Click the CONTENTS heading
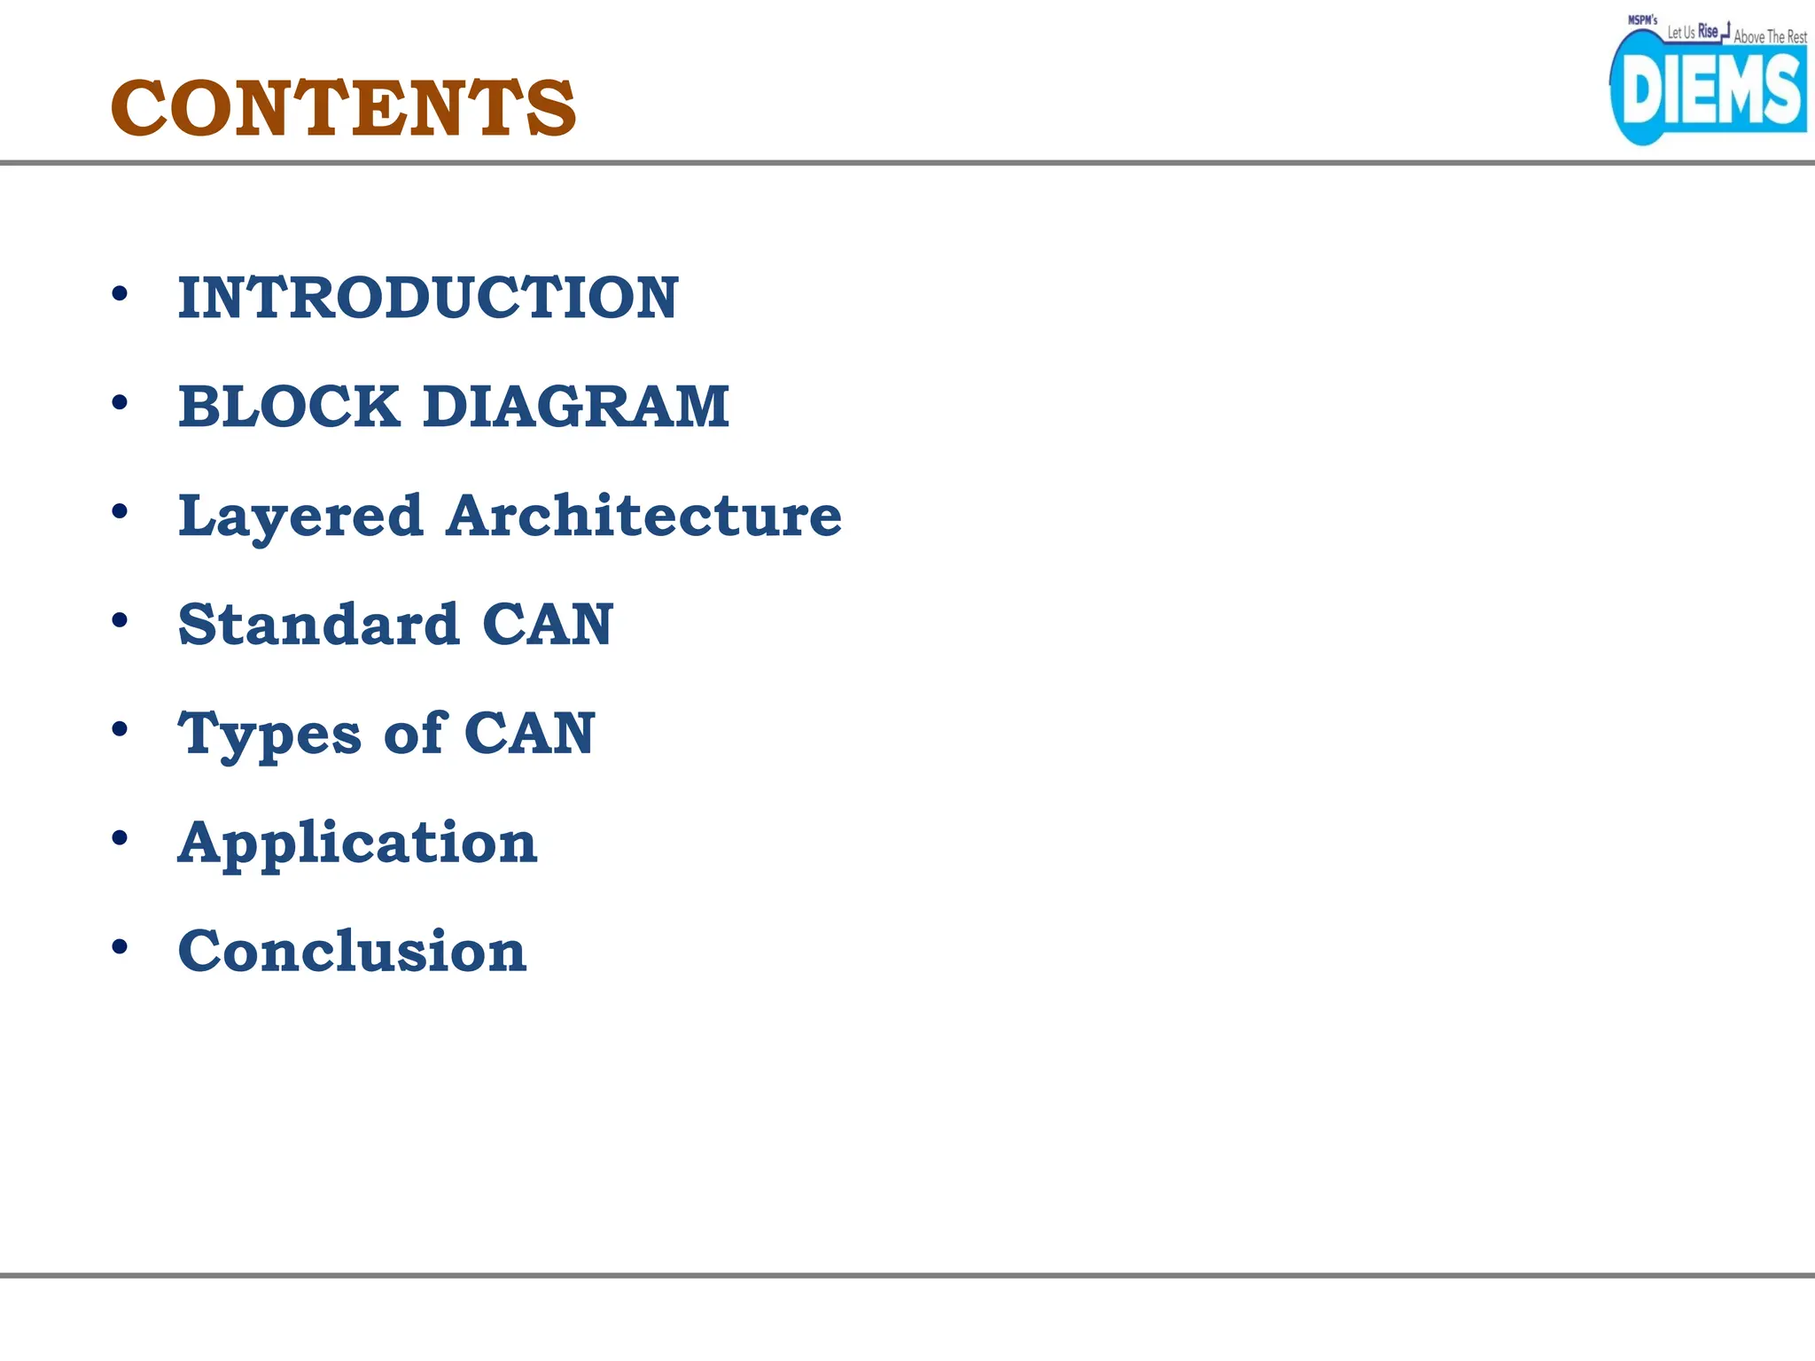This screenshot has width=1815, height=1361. point(343,108)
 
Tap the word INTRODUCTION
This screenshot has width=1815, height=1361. point(428,298)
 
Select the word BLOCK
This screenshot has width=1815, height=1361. point(289,407)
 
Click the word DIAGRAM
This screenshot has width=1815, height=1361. point(576,407)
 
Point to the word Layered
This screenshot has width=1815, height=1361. point(300,517)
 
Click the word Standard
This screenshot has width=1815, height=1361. point(319,625)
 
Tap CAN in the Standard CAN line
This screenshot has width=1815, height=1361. point(548,625)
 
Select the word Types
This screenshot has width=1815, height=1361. point(269,735)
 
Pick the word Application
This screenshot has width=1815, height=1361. point(357,844)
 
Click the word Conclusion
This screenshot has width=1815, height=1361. point(353,952)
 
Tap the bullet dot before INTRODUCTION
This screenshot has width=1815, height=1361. point(120,293)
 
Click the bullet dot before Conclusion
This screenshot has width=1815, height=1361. point(120,947)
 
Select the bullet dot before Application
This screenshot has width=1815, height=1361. point(120,838)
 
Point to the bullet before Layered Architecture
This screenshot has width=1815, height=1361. point(120,511)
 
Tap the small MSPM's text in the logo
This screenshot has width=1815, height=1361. point(1642,20)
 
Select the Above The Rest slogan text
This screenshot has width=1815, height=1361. point(1770,37)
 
